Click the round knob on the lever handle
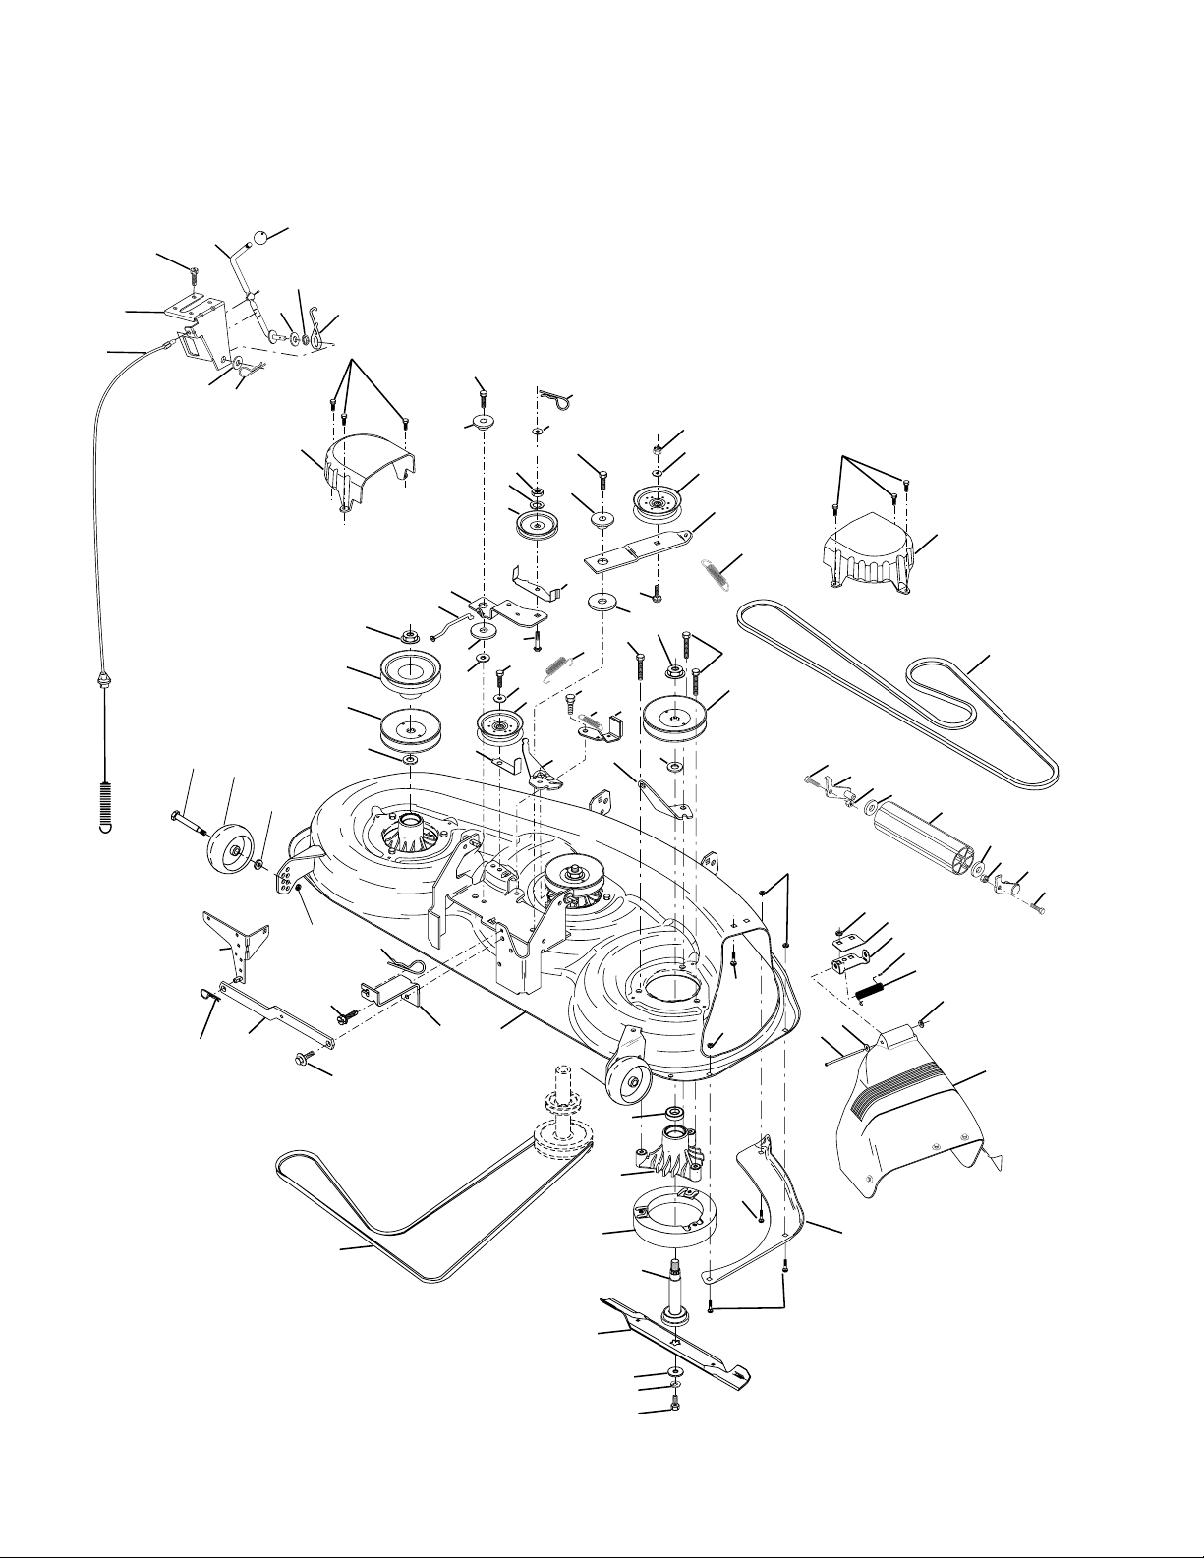[262, 237]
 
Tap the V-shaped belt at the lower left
[413, 1229]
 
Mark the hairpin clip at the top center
[557, 398]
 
